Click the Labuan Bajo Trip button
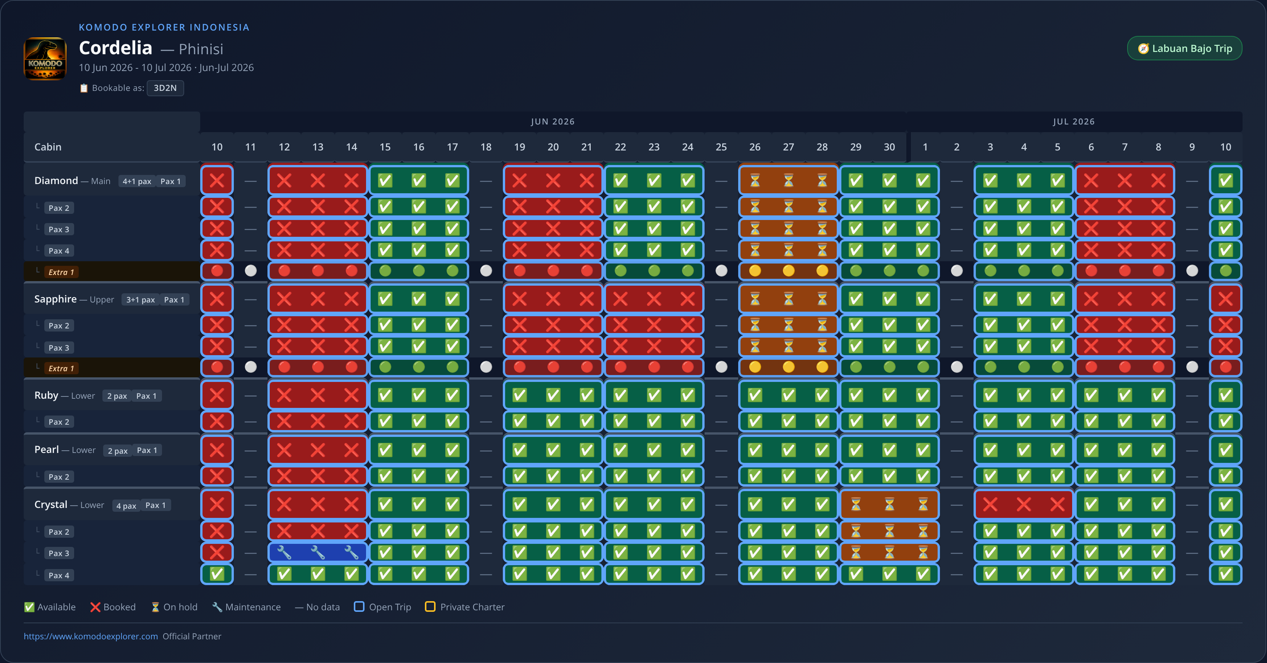pos(1184,48)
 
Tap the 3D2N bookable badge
pos(165,88)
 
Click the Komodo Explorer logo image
pos(45,58)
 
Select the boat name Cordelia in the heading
pos(116,48)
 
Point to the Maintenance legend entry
pos(246,607)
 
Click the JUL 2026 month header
pos(1074,121)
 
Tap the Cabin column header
pos(48,147)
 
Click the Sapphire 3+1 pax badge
pos(141,300)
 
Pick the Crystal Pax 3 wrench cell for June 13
pos(318,552)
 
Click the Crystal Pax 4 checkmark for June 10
pos(217,574)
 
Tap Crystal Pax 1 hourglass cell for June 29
pos(856,504)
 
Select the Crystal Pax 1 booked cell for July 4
pos(1024,504)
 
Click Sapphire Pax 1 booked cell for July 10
pos(1226,299)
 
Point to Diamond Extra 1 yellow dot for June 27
pos(788,271)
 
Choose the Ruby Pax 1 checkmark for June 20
pos(553,395)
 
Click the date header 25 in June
pos(721,147)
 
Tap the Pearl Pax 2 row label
pos(59,477)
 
